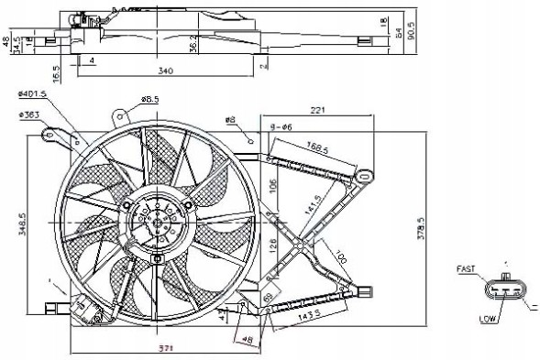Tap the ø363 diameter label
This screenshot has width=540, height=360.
click(31, 115)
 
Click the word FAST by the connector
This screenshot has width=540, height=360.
click(468, 268)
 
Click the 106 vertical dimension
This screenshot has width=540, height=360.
click(272, 189)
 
